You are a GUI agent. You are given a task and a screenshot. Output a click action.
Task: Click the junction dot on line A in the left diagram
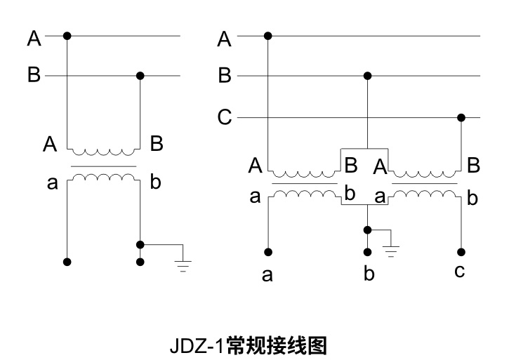[67, 35]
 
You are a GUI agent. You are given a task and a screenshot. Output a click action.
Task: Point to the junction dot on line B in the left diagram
[140, 75]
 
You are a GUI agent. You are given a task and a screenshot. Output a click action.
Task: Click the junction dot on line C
[461, 117]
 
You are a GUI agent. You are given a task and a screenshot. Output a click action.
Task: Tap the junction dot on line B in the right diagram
[367, 75]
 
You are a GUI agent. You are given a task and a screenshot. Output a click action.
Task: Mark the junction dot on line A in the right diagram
[267, 35]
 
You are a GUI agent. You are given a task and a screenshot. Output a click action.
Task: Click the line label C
[225, 118]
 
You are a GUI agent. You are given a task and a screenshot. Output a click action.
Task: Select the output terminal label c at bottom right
[460, 271]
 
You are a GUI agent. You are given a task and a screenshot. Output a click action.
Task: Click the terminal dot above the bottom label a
[267, 251]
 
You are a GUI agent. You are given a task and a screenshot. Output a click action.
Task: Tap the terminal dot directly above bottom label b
[367, 251]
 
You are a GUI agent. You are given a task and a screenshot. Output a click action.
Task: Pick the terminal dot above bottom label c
[461, 251]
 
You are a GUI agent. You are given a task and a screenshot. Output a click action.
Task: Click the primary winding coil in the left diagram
[104, 151]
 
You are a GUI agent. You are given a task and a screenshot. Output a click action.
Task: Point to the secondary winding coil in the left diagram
[104, 178]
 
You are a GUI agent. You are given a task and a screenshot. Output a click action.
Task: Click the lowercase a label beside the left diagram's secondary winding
[51, 184]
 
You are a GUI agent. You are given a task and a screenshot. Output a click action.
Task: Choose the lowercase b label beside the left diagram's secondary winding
[155, 184]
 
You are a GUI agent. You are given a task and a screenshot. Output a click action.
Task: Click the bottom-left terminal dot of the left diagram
[67, 262]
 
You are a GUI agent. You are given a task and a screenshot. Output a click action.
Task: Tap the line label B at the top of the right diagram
[225, 76]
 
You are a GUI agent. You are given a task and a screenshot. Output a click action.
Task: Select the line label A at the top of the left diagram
[34, 37]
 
